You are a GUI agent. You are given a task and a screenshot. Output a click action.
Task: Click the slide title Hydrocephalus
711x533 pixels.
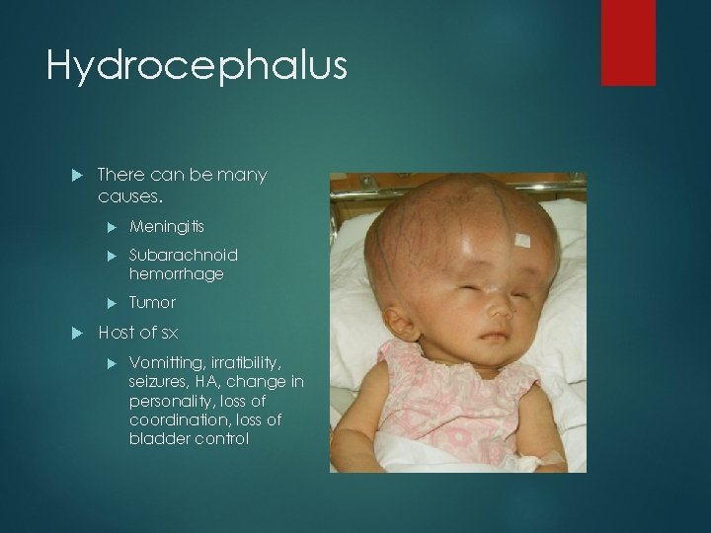pos(197,67)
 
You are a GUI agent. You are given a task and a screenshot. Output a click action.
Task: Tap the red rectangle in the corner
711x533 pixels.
pos(629,42)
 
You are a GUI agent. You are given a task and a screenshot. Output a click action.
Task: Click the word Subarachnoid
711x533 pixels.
pos(184,255)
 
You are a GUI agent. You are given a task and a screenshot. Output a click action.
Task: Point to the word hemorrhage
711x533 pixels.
pos(176,273)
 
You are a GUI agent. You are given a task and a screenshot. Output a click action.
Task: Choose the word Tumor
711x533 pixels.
pos(152,302)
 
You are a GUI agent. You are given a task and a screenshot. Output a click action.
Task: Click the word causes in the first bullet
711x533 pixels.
pos(128,195)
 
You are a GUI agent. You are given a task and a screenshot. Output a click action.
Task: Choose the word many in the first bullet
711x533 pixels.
pos(244,176)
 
